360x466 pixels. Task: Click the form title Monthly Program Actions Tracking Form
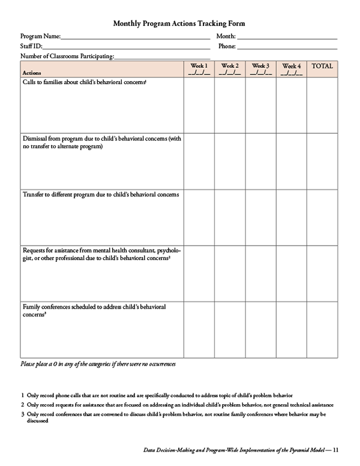click(179, 23)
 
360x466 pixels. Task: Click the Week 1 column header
click(199, 69)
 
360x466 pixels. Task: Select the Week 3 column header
click(260, 69)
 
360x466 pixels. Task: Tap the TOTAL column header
click(322, 66)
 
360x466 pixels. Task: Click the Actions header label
click(32, 73)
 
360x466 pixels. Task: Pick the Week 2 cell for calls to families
click(230, 104)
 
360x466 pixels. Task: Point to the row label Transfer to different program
click(101, 195)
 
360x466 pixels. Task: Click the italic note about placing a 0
click(98, 365)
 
